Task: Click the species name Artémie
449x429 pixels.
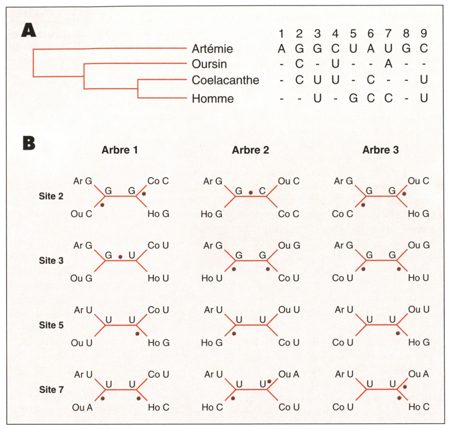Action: coord(212,49)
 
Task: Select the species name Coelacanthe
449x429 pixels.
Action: coord(225,80)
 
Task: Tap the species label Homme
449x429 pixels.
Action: coord(213,99)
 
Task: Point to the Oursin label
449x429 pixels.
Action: coord(209,64)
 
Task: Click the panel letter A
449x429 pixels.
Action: coord(28,31)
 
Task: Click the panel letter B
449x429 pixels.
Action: coord(29,143)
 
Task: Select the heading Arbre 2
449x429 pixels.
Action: coord(250,150)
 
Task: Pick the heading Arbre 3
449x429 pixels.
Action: coord(380,150)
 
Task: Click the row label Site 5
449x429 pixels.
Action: coord(51,325)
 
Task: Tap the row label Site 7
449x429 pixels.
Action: coord(51,390)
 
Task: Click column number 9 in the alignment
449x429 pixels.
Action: coord(424,33)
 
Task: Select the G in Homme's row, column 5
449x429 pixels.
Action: coord(353,99)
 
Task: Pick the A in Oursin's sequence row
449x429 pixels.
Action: coord(388,64)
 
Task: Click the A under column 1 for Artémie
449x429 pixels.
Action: coord(281,49)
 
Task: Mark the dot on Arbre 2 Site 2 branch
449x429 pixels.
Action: coord(251,193)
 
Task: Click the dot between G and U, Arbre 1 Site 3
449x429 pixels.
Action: coord(120,257)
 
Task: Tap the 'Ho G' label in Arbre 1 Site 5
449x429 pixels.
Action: coord(158,343)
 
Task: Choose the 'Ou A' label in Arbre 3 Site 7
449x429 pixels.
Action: coord(419,374)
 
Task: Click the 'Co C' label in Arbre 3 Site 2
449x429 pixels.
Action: coord(343,214)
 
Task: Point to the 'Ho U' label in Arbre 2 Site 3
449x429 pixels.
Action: coord(212,278)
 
